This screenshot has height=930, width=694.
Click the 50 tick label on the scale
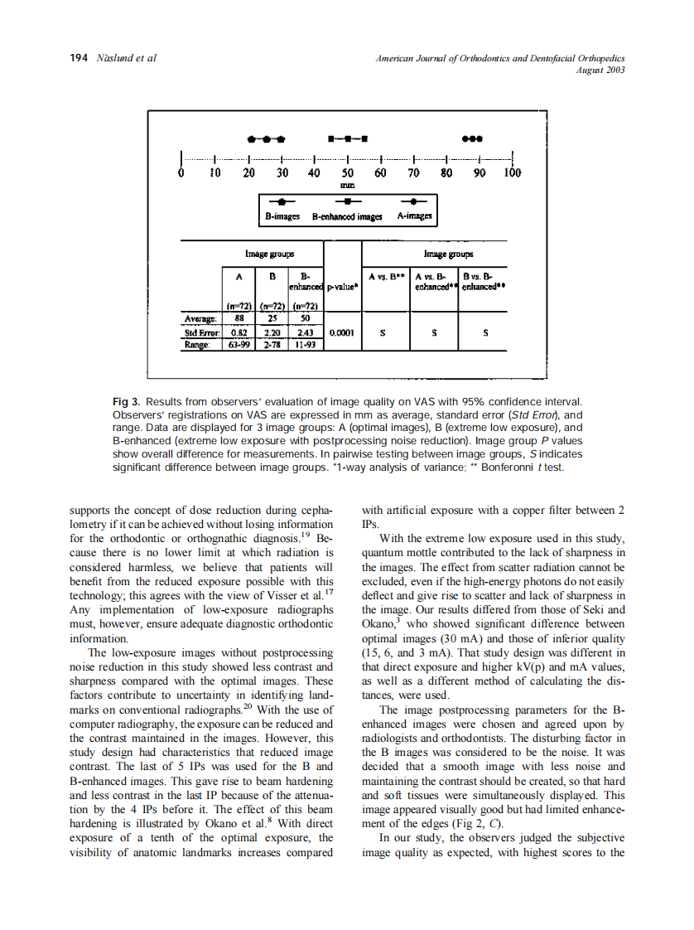tap(348, 174)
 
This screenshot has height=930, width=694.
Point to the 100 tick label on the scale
tap(512, 174)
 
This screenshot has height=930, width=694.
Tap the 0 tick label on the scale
tap(181, 174)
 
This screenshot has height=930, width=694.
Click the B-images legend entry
tap(282, 216)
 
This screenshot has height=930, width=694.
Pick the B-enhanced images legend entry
tap(347, 216)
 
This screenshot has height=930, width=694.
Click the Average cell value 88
tap(239, 317)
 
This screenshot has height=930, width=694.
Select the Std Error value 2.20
tap(272, 332)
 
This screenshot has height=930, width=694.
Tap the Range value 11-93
tap(306, 345)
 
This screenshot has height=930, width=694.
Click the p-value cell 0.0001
tap(342, 332)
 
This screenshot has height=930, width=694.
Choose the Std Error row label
tap(200, 332)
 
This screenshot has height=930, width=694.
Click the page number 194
tap(78, 58)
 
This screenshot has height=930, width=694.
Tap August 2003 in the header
tap(600, 70)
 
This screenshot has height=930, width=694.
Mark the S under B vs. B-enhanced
tap(485, 332)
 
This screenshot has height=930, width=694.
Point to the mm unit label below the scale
tap(348, 186)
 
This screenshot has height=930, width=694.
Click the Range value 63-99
tap(239, 345)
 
